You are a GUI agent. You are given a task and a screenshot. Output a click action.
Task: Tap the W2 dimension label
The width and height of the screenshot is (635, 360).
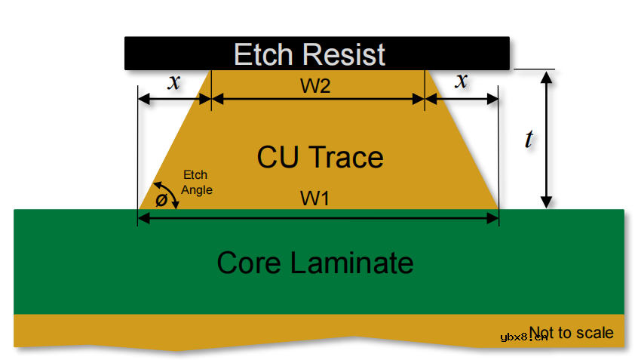click(316, 86)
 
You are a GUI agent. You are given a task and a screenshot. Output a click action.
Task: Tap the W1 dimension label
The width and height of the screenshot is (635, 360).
click(316, 199)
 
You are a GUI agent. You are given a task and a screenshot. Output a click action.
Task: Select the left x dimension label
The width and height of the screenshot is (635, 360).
click(174, 82)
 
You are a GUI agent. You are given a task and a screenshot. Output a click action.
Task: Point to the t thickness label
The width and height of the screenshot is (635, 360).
click(529, 138)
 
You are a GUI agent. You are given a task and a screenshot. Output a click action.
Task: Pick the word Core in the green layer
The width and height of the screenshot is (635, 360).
click(250, 263)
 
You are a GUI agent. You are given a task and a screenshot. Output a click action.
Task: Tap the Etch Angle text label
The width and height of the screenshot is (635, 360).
click(196, 183)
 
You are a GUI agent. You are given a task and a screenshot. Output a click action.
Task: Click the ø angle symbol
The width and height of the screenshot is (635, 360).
click(160, 201)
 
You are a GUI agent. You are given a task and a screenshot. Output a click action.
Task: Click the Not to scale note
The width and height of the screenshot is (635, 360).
click(572, 332)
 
